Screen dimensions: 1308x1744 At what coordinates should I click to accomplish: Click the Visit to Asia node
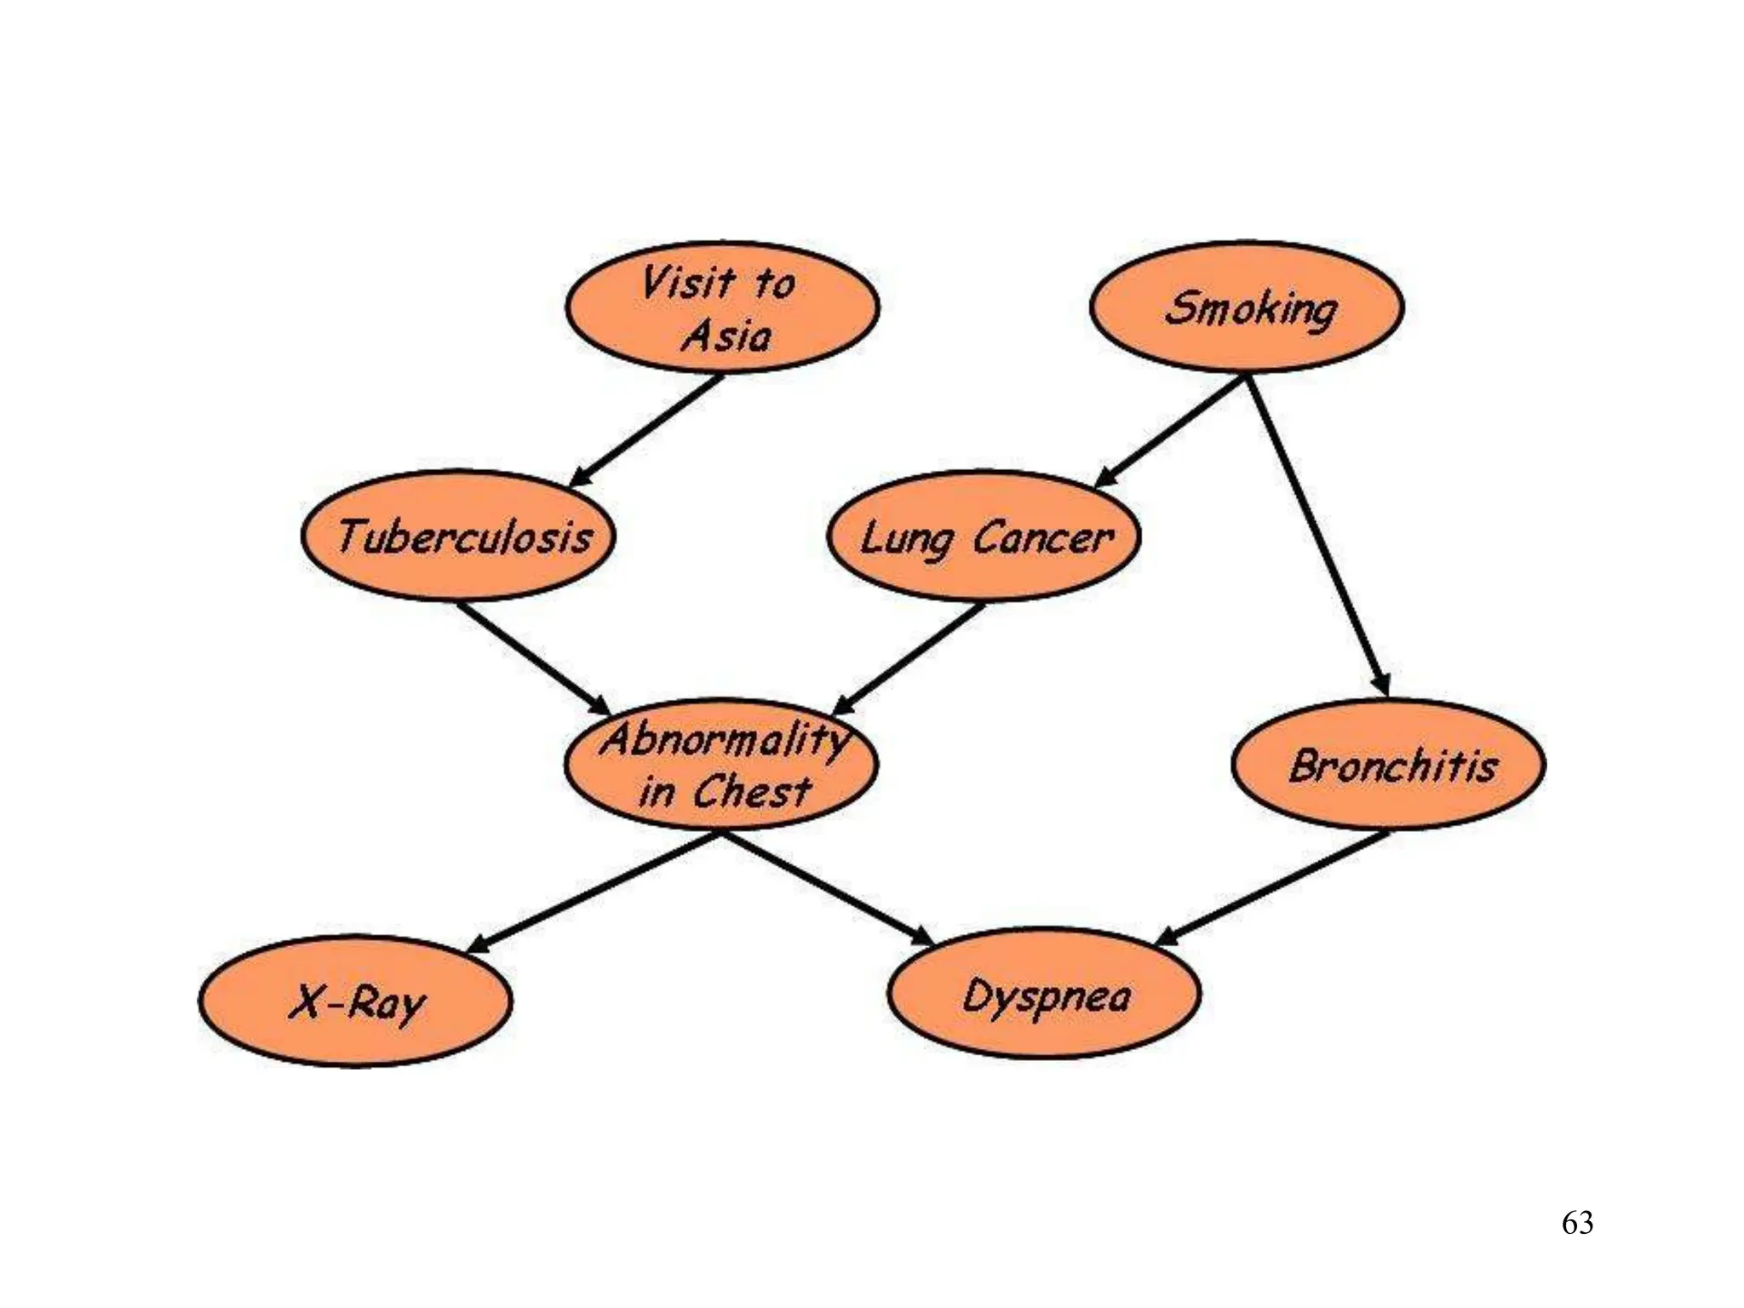click(722, 307)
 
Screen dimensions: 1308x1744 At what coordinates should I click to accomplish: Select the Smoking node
click(1247, 307)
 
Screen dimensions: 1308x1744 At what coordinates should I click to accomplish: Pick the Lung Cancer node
click(984, 536)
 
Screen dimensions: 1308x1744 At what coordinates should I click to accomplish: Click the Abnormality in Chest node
click(722, 764)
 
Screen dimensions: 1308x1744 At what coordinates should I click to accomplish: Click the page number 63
click(1577, 1223)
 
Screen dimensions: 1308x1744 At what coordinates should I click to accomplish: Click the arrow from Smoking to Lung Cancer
click(1172, 431)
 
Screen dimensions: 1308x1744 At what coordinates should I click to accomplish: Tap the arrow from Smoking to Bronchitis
click(1318, 536)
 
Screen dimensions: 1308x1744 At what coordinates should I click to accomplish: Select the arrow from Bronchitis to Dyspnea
click(1274, 887)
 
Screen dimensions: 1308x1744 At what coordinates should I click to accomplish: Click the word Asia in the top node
click(727, 336)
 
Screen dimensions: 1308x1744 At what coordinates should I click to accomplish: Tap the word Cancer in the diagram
click(1042, 538)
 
